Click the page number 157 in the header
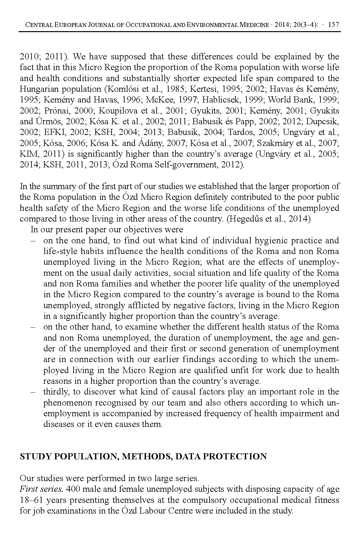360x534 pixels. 334,25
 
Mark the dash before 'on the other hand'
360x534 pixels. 32,327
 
